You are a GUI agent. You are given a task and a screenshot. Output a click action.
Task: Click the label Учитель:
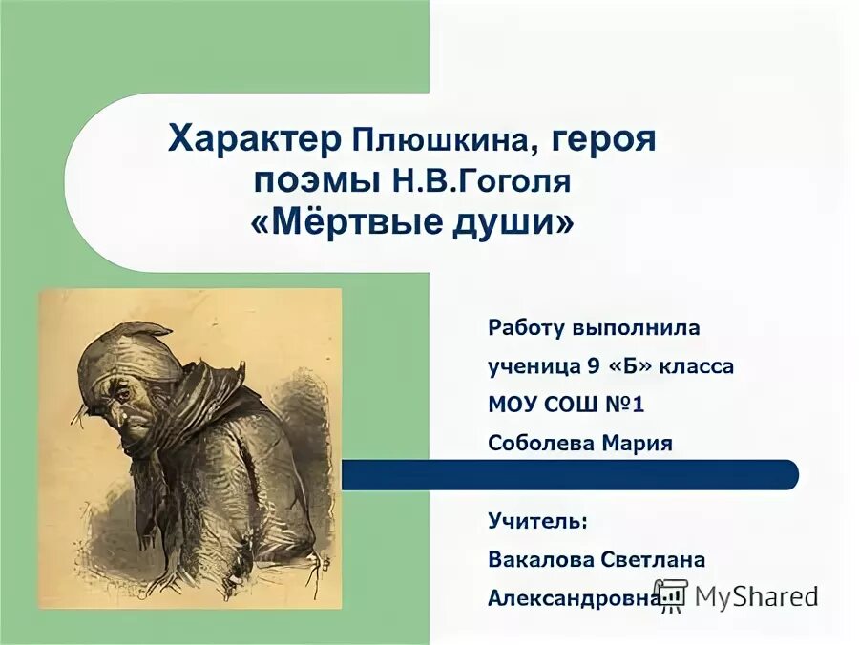click(538, 521)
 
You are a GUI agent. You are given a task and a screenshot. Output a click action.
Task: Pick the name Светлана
click(653, 559)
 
